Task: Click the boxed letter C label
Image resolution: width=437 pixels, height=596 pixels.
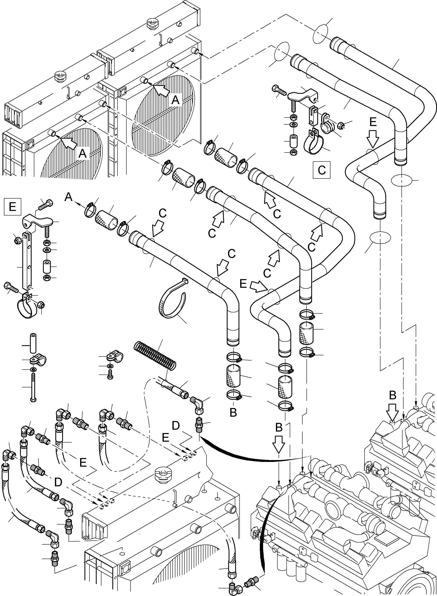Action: click(x=321, y=170)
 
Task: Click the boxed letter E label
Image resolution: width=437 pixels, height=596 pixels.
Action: click(x=12, y=206)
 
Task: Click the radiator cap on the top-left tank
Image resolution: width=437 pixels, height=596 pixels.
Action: click(x=61, y=76)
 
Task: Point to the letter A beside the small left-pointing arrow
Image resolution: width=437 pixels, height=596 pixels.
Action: click(x=69, y=197)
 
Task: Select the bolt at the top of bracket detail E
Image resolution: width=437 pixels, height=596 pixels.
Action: click(x=45, y=205)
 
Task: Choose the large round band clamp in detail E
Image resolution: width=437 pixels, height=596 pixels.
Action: click(x=28, y=308)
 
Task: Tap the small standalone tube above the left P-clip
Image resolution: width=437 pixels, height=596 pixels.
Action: click(x=33, y=343)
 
